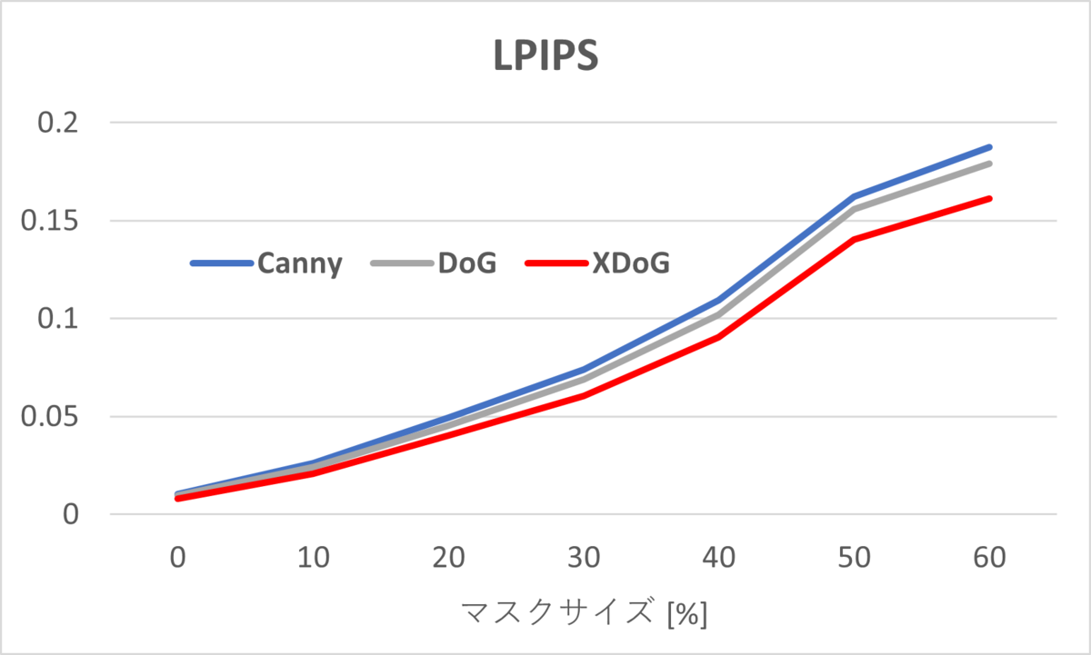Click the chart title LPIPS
(x=545, y=56)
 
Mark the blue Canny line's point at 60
(x=989, y=146)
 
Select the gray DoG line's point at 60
(x=989, y=164)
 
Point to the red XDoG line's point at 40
(x=719, y=337)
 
